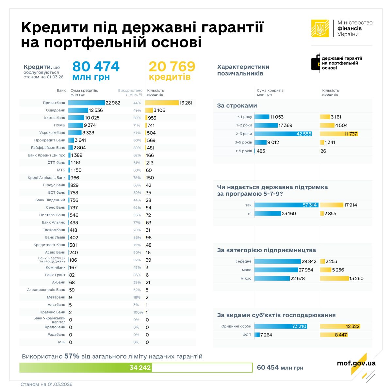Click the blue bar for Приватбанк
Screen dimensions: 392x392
click(87, 103)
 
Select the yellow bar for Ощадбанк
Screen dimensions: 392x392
click(149, 110)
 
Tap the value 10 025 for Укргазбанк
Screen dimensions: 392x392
click(92, 118)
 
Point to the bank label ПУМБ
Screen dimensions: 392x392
click(59, 125)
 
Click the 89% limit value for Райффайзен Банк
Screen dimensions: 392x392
click(137, 148)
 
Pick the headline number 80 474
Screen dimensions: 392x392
click(96, 67)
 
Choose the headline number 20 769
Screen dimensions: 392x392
click(172, 67)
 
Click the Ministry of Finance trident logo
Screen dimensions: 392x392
click(320, 28)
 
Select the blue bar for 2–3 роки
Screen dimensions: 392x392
click(283, 134)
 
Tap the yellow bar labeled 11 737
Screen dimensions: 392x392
click(339, 134)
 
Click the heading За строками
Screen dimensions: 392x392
click(237, 106)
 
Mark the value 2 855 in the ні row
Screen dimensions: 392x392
click(330, 214)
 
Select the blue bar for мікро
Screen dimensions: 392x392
click(272, 279)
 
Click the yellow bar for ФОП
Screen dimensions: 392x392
click(334, 335)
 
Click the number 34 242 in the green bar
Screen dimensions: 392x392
click(140, 368)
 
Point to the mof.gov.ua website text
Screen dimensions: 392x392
click(356, 363)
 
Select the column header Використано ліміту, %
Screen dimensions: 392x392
click(130, 92)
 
